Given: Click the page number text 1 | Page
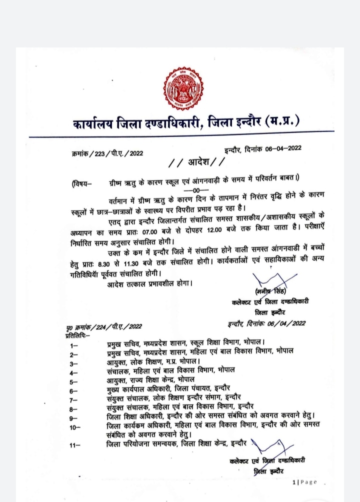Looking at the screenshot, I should tap(304, 482).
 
